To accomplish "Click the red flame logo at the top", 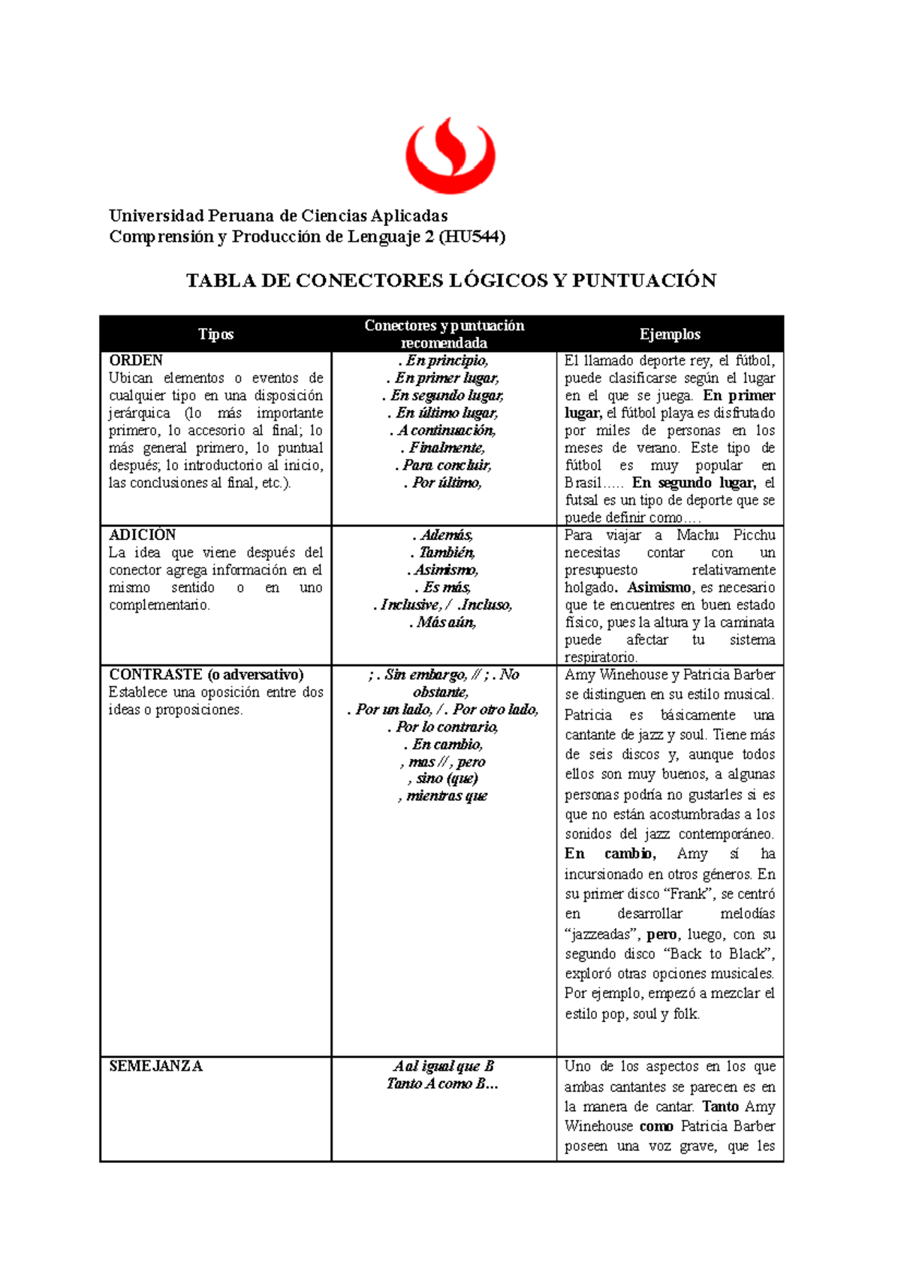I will [450, 156].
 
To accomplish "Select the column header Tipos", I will [215, 335].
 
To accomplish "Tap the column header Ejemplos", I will [670, 335].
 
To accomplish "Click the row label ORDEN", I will [136, 360].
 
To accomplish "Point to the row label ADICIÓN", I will [142, 535].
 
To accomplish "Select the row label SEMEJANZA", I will [155, 1066].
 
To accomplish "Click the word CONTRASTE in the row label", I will [155, 675].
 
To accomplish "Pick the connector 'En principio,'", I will [444, 361].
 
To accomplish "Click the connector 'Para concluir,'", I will [444, 466].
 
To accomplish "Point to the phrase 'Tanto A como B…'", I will [443, 1084].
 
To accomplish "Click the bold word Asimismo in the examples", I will [658, 588].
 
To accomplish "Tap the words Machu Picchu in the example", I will [725, 535].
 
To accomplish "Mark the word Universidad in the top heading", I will [156, 216].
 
